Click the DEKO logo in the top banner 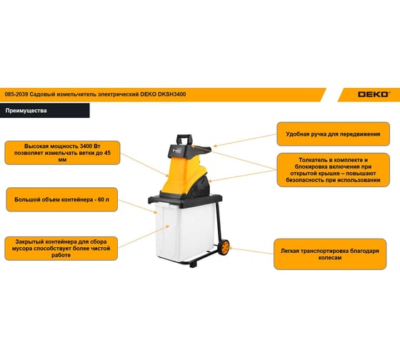coord(374,94)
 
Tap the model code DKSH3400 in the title coord(171,94)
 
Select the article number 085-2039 coord(16,94)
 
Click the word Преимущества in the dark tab coord(26,111)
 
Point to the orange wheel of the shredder coord(225,247)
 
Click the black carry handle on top coord(184,139)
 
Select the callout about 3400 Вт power coord(63,153)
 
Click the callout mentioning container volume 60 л coord(61,199)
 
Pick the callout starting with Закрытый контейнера coord(61,249)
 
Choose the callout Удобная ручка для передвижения coord(333,134)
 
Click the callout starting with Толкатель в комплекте coord(333,170)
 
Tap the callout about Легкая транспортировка coord(330,254)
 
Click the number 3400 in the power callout coord(86,146)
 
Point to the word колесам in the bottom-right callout coord(330,258)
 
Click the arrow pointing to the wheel coord(251,251)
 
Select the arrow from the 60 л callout coord(137,206)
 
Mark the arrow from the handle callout coord(245,140)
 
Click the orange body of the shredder coord(181,175)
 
